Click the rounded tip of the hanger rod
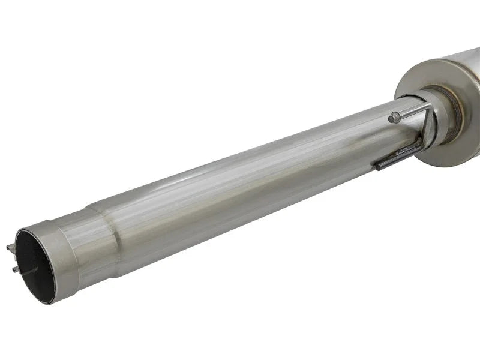[392, 118]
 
